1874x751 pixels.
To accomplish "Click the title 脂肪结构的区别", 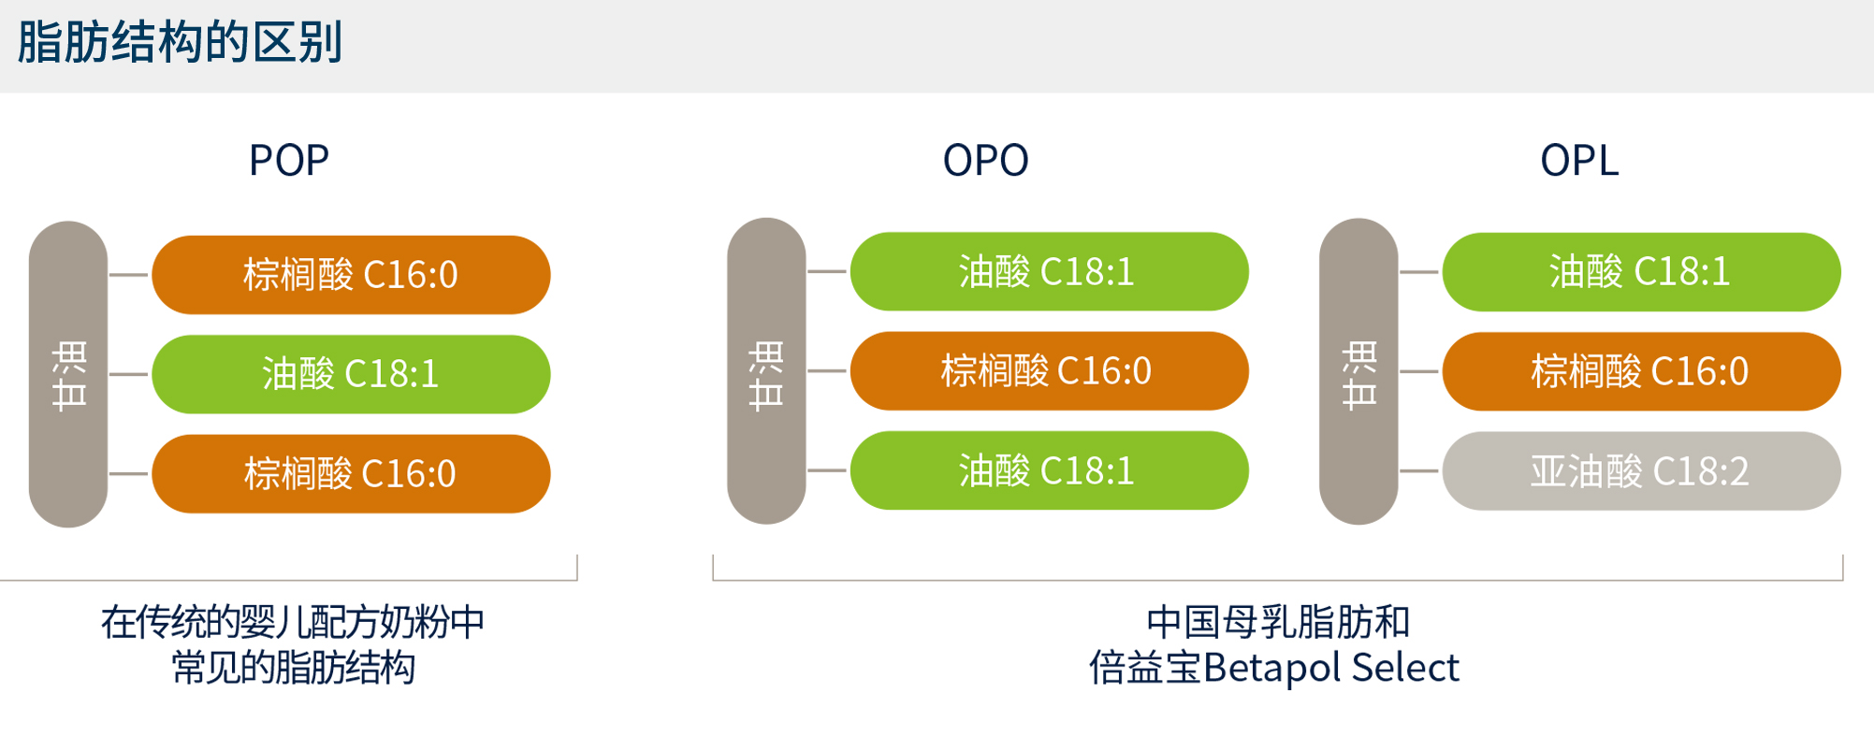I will [180, 43].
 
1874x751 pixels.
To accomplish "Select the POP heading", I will [288, 161].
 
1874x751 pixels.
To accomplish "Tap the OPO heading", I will [985, 161].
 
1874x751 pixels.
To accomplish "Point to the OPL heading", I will [1578, 161].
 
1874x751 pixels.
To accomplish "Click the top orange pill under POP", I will [351, 275].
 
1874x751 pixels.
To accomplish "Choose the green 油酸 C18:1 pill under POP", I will [351, 374].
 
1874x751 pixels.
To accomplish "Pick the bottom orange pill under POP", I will [351, 473].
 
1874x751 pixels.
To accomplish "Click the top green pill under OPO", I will [1049, 271].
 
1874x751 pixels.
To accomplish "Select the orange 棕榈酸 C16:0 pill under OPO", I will [1049, 371].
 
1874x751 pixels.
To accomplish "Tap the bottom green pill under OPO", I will [1049, 470].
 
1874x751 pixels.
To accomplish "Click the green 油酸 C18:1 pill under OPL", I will [1641, 272].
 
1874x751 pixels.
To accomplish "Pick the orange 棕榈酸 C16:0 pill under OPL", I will [1641, 371].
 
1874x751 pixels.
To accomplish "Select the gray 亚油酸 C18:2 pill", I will [1641, 471].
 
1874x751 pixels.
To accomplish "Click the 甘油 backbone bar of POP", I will [68, 374].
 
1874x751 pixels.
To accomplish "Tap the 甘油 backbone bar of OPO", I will [766, 371].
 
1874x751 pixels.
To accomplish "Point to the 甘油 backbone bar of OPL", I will [1358, 371].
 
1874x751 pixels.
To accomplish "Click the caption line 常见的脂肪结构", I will [293, 668].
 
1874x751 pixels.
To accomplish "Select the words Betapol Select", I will [1330, 668].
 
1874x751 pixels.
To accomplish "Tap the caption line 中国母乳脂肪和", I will [1277, 622].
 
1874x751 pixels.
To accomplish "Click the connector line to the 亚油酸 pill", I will [1419, 471].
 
